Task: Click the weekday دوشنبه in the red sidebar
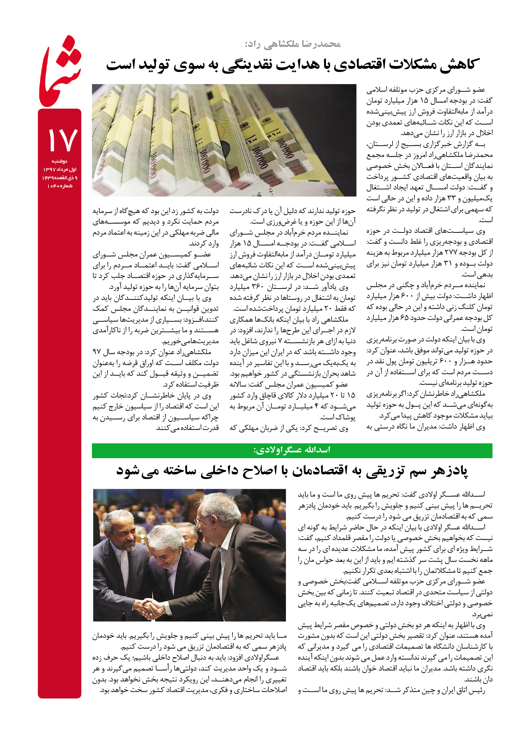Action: pyautogui.click(x=60, y=161)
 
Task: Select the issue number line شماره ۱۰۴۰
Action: pyautogui.click(x=60, y=186)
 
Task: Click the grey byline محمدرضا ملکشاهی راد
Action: pyautogui.click(x=293, y=44)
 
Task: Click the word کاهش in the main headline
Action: pyautogui.click(x=458, y=65)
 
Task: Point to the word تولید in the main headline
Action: pyautogui.click(x=153, y=65)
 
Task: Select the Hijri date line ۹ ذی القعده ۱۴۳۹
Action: pyautogui.click(x=60, y=178)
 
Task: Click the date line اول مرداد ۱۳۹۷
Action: pyautogui.click(x=60, y=170)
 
